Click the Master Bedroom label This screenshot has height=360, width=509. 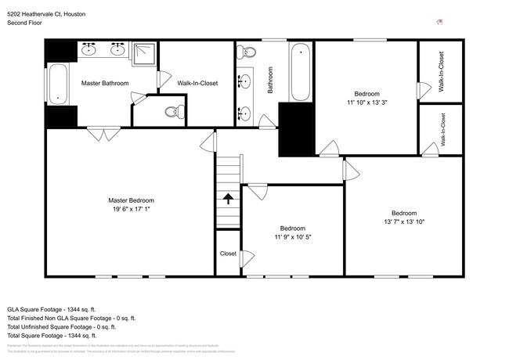[x=131, y=200]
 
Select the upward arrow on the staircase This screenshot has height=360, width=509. [x=229, y=199]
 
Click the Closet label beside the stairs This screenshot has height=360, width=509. [x=228, y=254]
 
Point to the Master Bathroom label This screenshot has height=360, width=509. [x=104, y=83]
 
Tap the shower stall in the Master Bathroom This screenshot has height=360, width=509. [x=143, y=53]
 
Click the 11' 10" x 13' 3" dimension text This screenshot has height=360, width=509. [x=366, y=103]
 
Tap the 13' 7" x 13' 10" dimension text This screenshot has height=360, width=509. [x=404, y=223]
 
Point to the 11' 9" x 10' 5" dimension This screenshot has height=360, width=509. [x=293, y=237]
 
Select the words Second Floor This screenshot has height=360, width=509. [x=25, y=23]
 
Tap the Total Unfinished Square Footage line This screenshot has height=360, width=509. [x=71, y=327]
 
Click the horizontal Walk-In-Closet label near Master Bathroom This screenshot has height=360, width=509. [x=197, y=83]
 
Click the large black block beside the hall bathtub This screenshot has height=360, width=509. [x=296, y=128]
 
